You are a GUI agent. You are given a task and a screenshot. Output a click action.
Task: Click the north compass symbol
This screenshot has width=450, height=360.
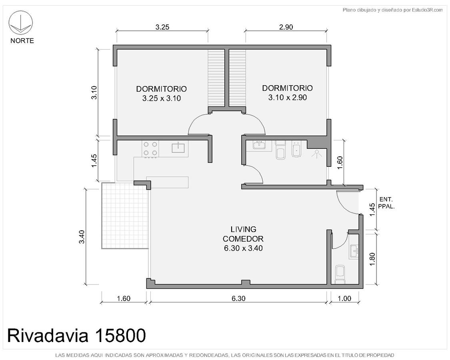21,23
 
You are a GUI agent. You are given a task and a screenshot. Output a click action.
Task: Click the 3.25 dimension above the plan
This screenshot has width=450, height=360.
162,27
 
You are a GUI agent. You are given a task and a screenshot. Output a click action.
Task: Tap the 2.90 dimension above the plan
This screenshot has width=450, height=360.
286,27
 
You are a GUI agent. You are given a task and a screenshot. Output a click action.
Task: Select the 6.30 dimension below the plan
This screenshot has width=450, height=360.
238,298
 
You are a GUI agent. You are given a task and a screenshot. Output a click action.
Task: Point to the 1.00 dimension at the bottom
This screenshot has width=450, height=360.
344,298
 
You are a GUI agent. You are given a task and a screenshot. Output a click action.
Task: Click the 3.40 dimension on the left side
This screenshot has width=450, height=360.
82,237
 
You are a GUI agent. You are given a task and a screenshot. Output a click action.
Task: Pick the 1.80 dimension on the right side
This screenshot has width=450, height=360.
372,259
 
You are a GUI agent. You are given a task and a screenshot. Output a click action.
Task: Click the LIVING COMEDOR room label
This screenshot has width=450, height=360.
243,238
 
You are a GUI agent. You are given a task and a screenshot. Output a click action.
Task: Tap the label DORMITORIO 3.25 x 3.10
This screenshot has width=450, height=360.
161,94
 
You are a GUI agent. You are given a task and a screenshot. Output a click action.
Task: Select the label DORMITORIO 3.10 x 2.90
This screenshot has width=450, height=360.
287,93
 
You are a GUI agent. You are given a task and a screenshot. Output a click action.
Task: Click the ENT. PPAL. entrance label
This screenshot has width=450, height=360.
386,203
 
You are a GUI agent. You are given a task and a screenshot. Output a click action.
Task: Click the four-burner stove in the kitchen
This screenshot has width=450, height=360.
150,149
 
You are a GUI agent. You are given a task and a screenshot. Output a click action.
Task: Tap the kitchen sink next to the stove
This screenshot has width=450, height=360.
178,148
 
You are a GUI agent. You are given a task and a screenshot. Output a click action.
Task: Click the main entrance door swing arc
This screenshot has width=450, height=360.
344,204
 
